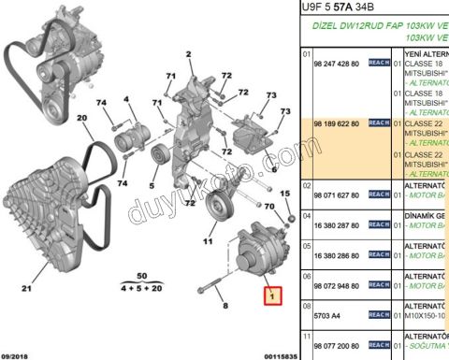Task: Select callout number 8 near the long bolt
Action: point(224,305)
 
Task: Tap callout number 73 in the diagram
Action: point(271,96)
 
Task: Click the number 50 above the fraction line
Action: point(143,276)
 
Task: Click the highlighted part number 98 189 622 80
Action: point(341,122)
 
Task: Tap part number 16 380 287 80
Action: point(341,225)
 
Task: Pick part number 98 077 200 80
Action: point(341,345)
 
